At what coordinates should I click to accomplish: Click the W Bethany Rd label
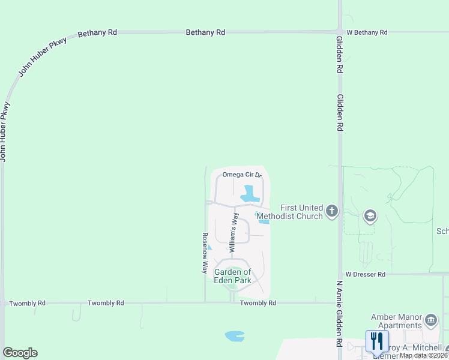pyautogui.click(x=367, y=32)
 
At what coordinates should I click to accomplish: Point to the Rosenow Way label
pyautogui.click(x=204, y=253)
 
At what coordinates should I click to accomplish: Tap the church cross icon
pyautogui.click(x=332, y=211)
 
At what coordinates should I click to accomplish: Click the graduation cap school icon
pyautogui.click(x=370, y=215)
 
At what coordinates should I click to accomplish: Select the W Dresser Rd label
pyautogui.click(x=365, y=274)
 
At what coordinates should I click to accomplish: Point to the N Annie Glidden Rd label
pyautogui.click(x=339, y=313)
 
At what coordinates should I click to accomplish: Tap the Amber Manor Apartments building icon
pyautogui.click(x=430, y=320)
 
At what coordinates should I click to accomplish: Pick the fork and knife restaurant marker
pyautogui.click(x=377, y=341)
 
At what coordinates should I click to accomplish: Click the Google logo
pyautogui.click(x=20, y=353)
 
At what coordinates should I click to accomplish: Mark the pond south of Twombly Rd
pyautogui.click(x=234, y=336)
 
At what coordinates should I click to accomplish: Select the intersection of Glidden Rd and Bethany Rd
pyautogui.click(x=340, y=31)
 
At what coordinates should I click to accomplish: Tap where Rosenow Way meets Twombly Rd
pyautogui.click(x=205, y=303)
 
